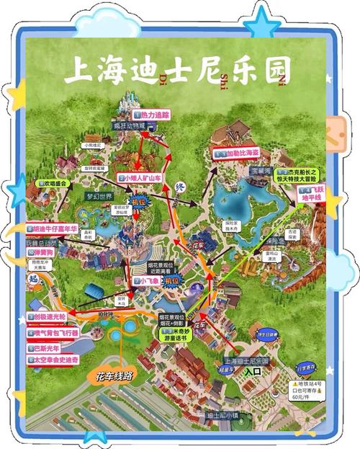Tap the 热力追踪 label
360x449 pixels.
point(153,115)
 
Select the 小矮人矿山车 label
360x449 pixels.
point(146,177)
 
